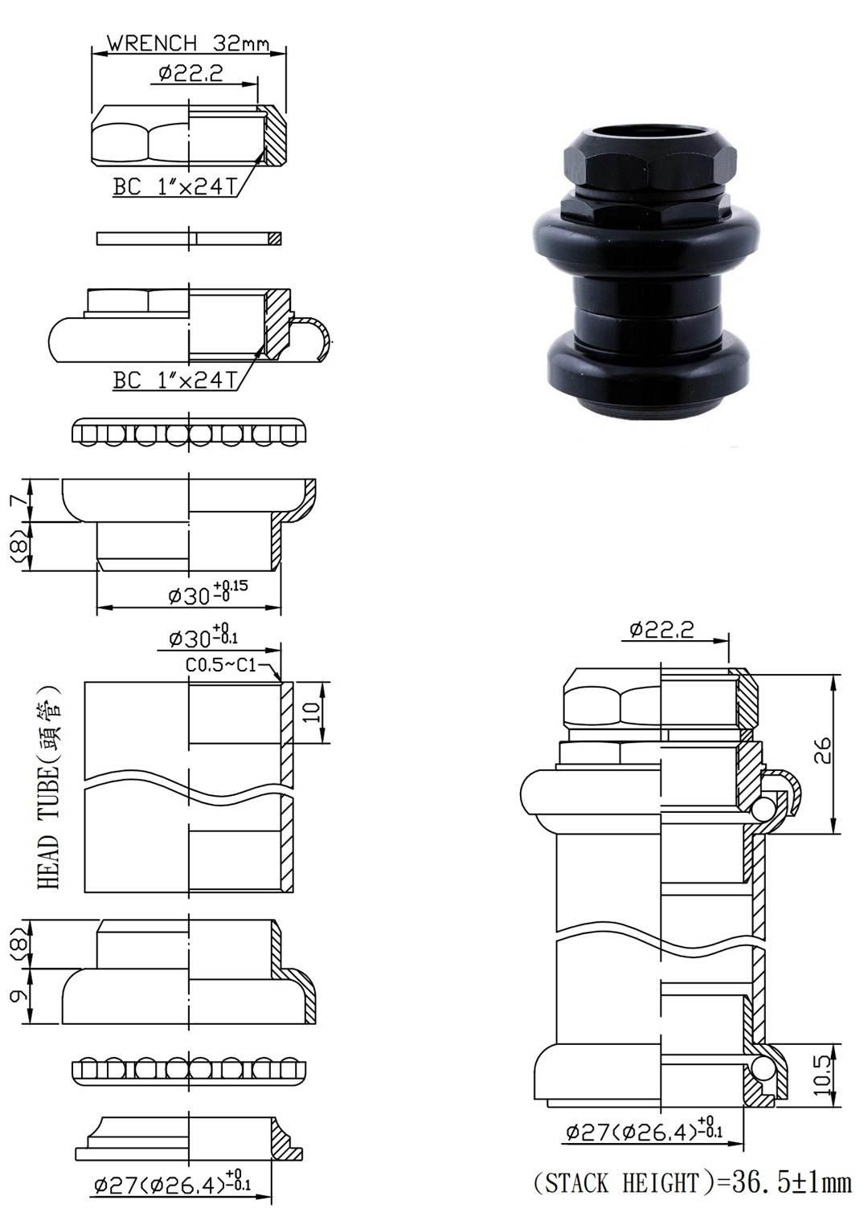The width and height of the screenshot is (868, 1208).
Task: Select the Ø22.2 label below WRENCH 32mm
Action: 190,74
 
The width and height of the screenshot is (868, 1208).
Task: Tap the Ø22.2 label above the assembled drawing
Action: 661,630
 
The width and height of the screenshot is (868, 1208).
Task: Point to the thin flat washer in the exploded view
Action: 189,239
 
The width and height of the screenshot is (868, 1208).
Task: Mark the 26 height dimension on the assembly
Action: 823,751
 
